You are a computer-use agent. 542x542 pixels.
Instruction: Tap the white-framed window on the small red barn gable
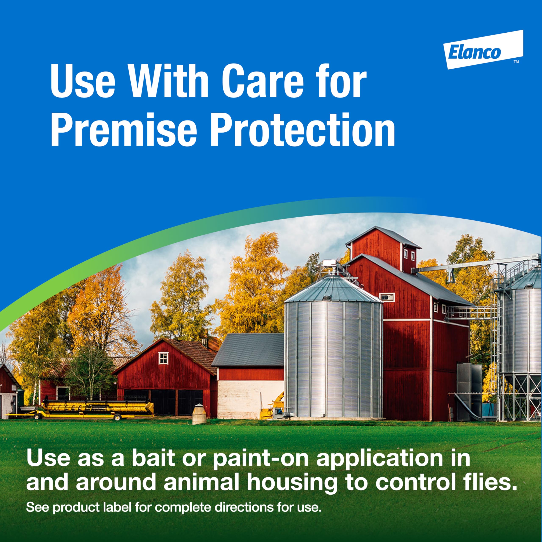tap(163, 358)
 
